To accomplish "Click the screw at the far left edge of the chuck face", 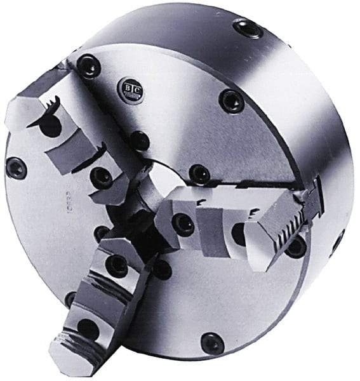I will [x=16, y=168].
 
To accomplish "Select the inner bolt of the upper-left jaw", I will [x=101, y=177].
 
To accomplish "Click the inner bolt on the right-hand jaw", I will [x=185, y=224].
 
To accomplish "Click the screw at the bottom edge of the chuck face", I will [x=212, y=344].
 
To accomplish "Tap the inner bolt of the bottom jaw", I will [x=117, y=265].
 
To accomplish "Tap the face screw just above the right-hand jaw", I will [x=200, y=173].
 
